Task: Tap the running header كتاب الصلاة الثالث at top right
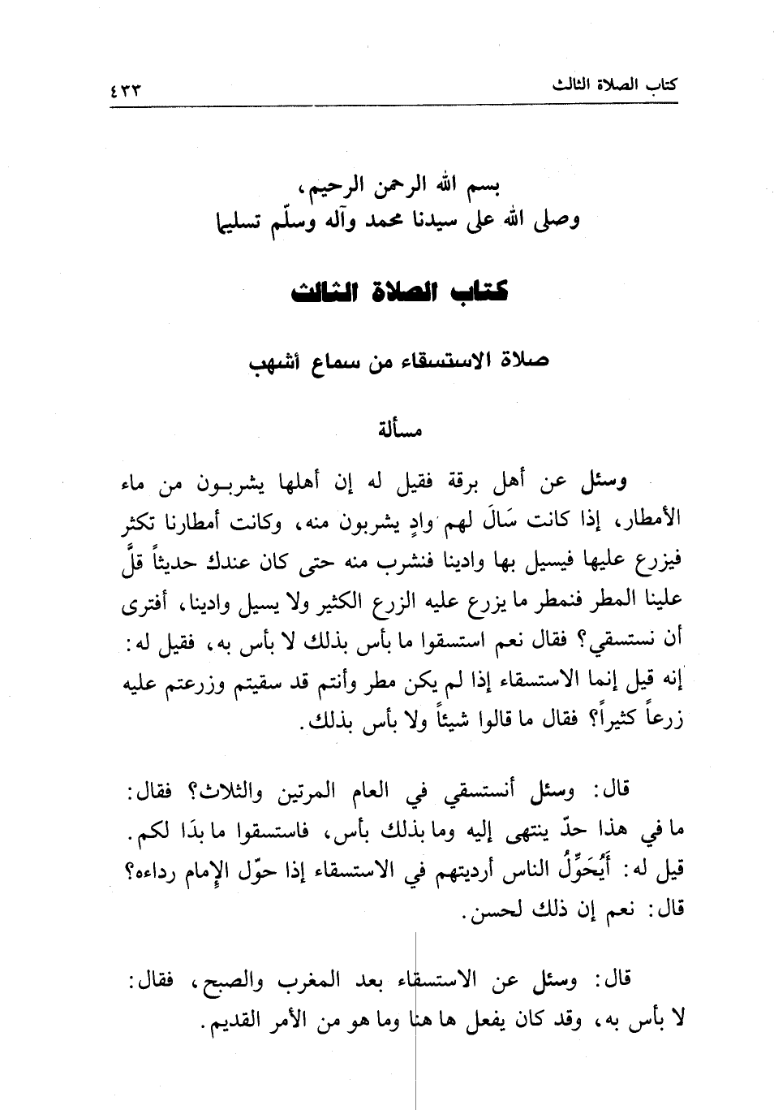pyautogui.click(x=614, y=85)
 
